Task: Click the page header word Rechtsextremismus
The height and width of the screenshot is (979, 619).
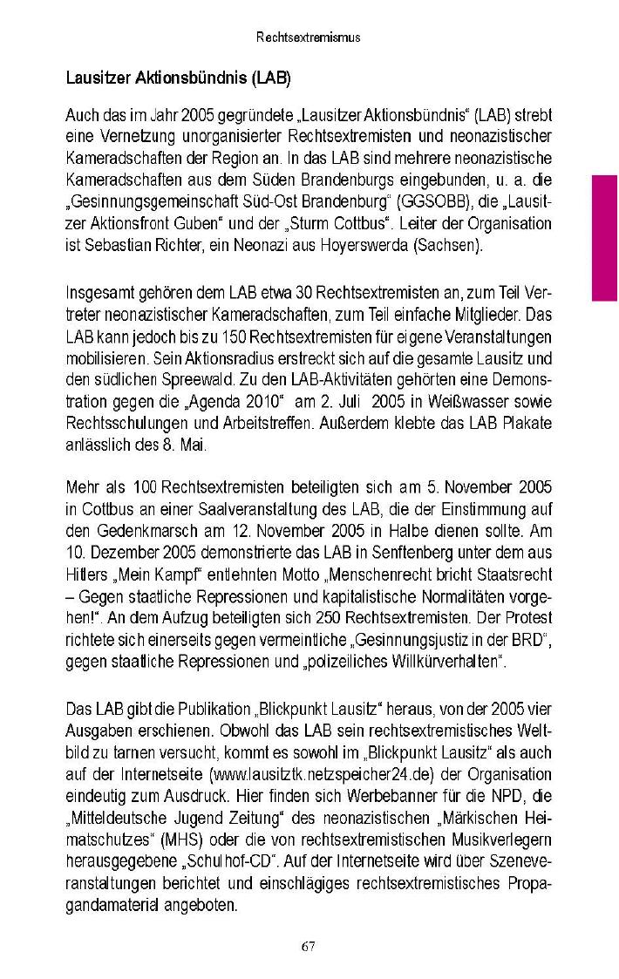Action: coord(309,38)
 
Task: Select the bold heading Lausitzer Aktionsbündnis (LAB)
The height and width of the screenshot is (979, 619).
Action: coord(178,78)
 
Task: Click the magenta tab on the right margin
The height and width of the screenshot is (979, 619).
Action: coord(605,237)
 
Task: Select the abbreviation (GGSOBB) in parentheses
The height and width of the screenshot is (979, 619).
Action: coord(423,202)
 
